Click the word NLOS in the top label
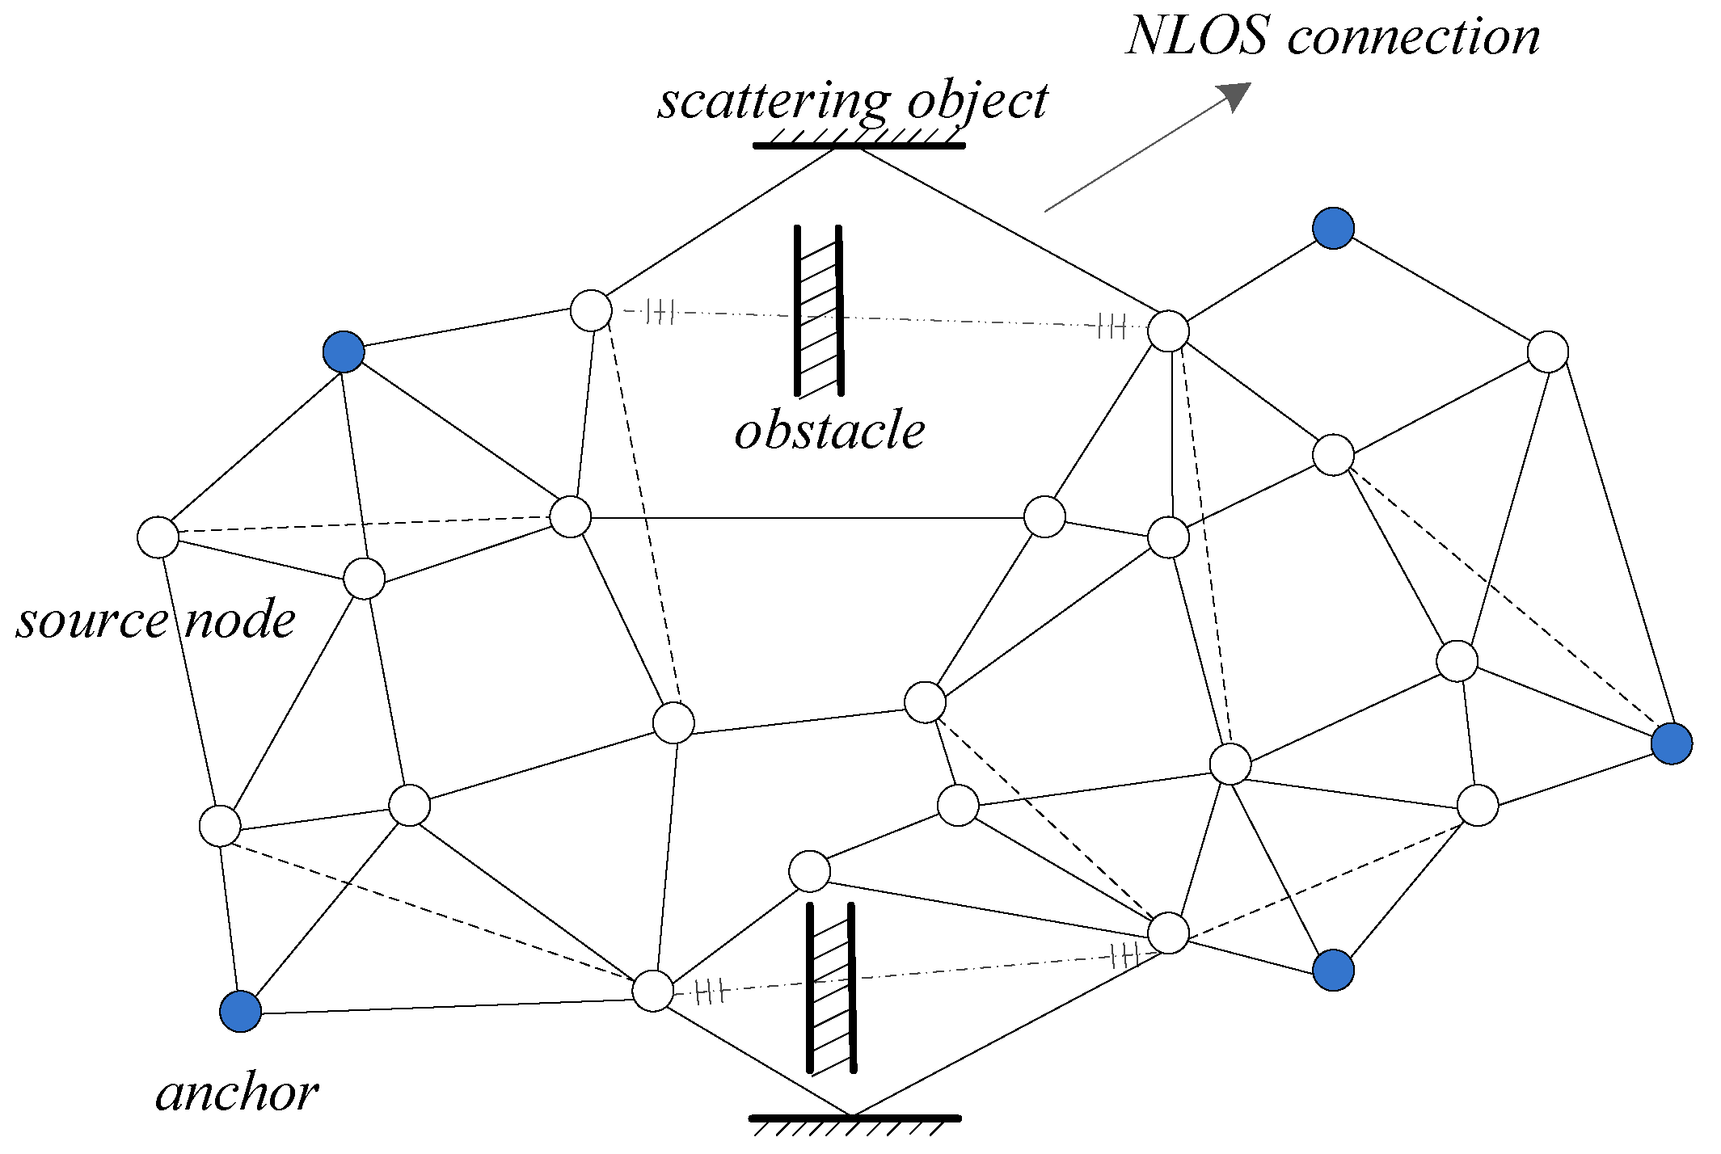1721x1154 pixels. (1198, 37)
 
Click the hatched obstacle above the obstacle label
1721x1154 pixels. (819, 311)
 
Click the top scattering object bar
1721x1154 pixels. (858, 145)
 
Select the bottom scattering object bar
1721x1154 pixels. (854, 1119)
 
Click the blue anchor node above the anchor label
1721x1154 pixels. (240, 1012)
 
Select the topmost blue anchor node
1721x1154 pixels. (1333, 228)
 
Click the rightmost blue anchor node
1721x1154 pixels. (1671, 743)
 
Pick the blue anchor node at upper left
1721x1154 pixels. (344, 352)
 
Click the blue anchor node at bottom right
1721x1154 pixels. (1333, 970)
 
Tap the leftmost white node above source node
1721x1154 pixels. (158, 537)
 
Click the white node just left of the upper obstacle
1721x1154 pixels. (591, 310)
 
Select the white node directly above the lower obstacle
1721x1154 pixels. (809, 871)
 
